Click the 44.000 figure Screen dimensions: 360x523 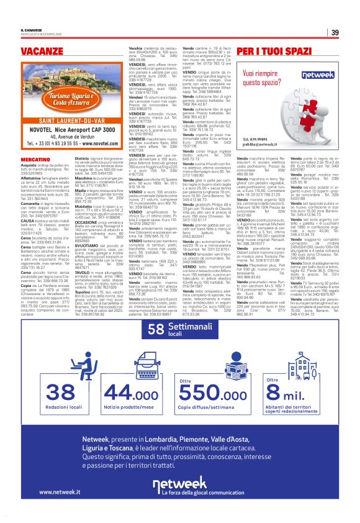[123, 391]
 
